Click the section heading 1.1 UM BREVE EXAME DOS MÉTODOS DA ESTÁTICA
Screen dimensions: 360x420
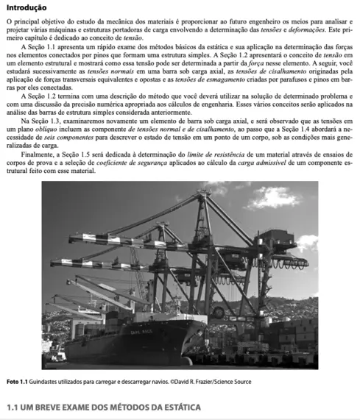click(x=102, y=407)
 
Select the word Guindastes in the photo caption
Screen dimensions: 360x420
click(x=46, y=382)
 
